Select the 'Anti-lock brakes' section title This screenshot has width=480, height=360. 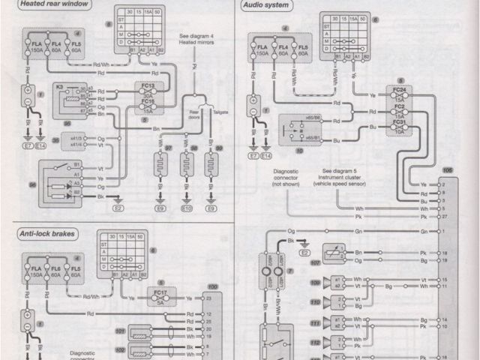48,235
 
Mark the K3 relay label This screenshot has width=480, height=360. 59,88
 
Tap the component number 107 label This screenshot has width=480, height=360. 315,263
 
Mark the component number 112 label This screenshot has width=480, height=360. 315,342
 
